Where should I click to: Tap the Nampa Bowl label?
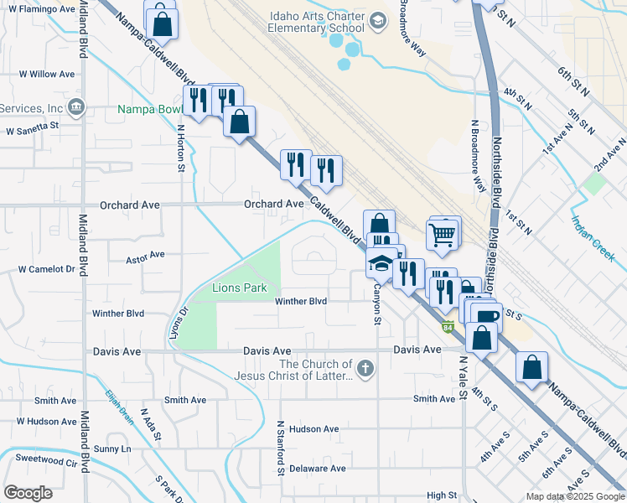tap(148, 109)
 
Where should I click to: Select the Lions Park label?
tap(239, 288)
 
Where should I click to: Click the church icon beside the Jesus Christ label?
tap(365, 368)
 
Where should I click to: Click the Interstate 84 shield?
tap(449, 325)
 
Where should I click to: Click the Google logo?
tap(28, 492)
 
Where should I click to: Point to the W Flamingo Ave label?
tap(48, 9)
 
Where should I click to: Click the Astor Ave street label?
tap(145, 254)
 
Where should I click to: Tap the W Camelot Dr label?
tap(47, 269)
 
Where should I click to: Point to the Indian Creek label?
tap(593, 236)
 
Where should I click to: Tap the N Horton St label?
tap(180, 148)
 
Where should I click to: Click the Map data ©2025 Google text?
tap(574, 496)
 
